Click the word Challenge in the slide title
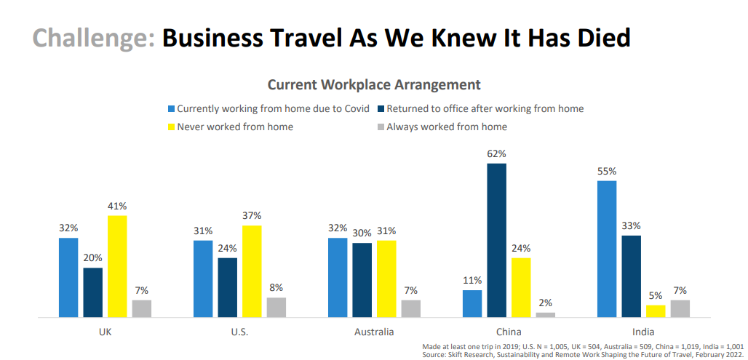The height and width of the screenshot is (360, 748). click(x=94, y=38)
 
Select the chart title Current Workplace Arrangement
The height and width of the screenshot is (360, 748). click(x=374, y=84)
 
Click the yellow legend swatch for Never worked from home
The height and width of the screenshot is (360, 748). click(x=172, y=127)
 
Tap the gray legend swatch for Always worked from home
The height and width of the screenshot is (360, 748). click(x=381, y=127)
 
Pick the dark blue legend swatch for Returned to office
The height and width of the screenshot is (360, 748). click(x=381, y=109)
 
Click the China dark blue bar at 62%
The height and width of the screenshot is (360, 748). click(x=497, y=240)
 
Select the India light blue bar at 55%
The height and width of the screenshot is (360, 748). click(x=607, y=249)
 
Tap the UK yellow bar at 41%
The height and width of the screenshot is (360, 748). click(x=117, y=266)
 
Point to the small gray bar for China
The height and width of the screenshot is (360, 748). click(x=546, y=315)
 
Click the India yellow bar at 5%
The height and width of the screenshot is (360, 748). click(x=656, y=311)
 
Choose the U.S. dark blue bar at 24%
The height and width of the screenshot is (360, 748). click(x=227, y=287)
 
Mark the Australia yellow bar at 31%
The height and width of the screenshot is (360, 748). click(x=386, y=279)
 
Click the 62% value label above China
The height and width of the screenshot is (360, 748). click(x=497, y=154)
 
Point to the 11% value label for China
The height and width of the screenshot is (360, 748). click(x=473, y=280)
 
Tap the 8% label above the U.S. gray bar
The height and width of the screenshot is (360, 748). click(x=276, y=287)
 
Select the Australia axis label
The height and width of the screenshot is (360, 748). click(x=374, y=332)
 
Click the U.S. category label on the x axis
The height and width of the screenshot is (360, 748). click(x=240, y=332)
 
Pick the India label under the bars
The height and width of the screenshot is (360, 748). click(x=643, y=332)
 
